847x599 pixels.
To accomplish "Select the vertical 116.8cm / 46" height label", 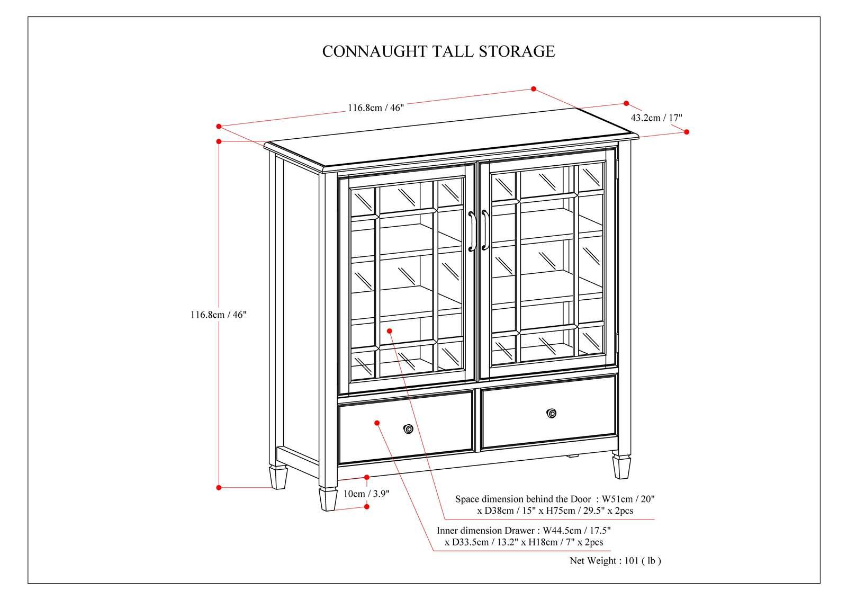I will click(x=219, y=314).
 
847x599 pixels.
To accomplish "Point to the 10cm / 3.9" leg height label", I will click(x=366, y=494).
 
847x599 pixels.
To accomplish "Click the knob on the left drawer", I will click(x=408, y=429).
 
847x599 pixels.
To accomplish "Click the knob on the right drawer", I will click(x=552, y=413).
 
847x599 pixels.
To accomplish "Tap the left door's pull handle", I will click(x=471, y=232).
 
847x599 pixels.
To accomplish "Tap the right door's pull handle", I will click(x=484, y=231).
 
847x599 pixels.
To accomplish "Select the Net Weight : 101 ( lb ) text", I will click(x=615, y=560).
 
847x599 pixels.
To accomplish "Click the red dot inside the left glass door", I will click(x=389, y=330).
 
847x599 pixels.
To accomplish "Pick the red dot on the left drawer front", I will click(x=377, y=423).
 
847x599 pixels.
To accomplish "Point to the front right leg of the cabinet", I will click(x=621, y=465).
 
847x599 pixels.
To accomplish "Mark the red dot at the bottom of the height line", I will click(x=219, y=487).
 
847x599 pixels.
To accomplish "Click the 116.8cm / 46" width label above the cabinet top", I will click(x=375, y=108).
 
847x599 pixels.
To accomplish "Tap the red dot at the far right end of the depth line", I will click(x=687, y=132).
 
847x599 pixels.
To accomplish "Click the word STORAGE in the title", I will click(x=517, y=51).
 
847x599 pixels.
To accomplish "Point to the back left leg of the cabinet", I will click(x=278, y=477).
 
